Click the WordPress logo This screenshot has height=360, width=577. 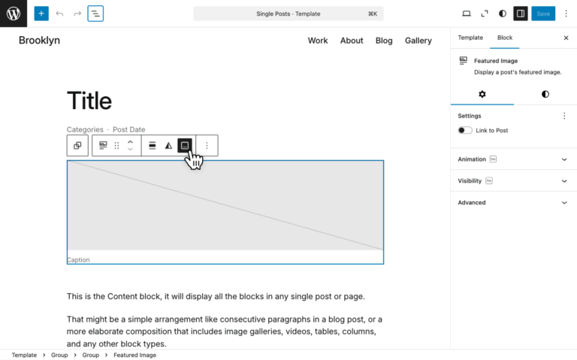14,14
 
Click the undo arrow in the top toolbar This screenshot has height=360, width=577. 59,14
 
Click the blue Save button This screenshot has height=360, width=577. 543,14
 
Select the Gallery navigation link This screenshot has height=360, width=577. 418,41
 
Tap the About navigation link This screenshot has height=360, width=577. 352,41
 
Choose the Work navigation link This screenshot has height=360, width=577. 318,41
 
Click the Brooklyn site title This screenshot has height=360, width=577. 39,40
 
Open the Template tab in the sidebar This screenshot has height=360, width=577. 470,38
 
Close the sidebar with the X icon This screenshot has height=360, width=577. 566,38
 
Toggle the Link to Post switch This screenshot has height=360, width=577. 465,130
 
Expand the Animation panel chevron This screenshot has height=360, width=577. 564,159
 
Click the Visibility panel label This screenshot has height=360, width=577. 470,180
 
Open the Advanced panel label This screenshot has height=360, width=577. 472,202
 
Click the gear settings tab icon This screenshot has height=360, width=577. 482,94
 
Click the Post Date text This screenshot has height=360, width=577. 128,129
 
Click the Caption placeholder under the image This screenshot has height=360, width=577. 78,260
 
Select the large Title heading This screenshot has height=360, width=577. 89,101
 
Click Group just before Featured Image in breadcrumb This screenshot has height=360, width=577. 90,355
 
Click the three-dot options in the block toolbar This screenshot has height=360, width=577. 207,146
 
